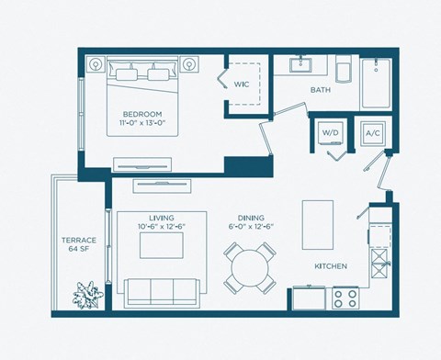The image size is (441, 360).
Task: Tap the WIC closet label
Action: tap(242, 84)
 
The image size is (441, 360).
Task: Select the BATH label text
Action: tap(321, 90)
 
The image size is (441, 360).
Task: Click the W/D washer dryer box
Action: tap(329, 134)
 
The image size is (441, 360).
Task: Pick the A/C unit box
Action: tap(374, 134)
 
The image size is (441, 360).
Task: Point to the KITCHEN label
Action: tap(331, 266)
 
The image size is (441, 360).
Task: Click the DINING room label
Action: tap(251, 218)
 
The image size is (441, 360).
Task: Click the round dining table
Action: tap(250, 267)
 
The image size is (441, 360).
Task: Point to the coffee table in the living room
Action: tap(163, 245)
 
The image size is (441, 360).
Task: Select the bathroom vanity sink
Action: tap(302, 66)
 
